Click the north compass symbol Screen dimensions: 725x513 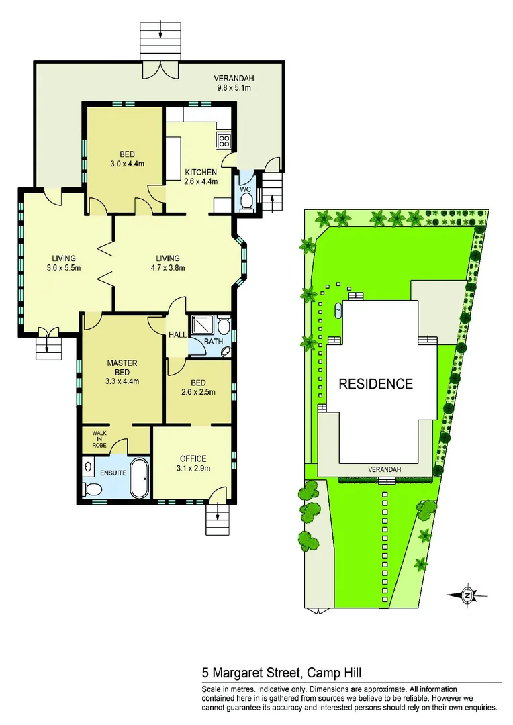pyautogui.click(x=467, y=594)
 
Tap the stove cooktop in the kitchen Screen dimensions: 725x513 pyautogui.click(x=223, y=141)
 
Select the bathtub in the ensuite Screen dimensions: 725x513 pyautogui.click(x=139, y=478)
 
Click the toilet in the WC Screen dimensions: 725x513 pyautogui.click(x=246, y=200)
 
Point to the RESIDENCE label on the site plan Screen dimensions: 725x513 pyautogui.click(x=375, y=384)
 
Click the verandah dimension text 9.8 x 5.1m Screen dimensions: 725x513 pyautogui.click(x=233, y=87)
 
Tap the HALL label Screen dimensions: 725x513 pyautogui.click(x=177, y=334)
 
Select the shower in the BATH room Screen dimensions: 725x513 pyautogui.click(x=202, y=326)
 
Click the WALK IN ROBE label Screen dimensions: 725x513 pyautogui.click(x=90, y=439)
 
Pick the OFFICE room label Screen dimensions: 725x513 pyautogui.click(x=192, y=458)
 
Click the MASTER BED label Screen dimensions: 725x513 pyautogui.click(x=122, y=368)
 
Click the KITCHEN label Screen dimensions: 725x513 pyautogui.click(x=201, y=173)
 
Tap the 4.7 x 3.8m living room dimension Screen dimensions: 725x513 pyautogui.click(x=168, y=268)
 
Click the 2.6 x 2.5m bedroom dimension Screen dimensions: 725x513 pyautogui.click(x=198, y=393)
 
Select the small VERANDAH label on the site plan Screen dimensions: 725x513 pyautogui.click(x=384, y=469)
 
